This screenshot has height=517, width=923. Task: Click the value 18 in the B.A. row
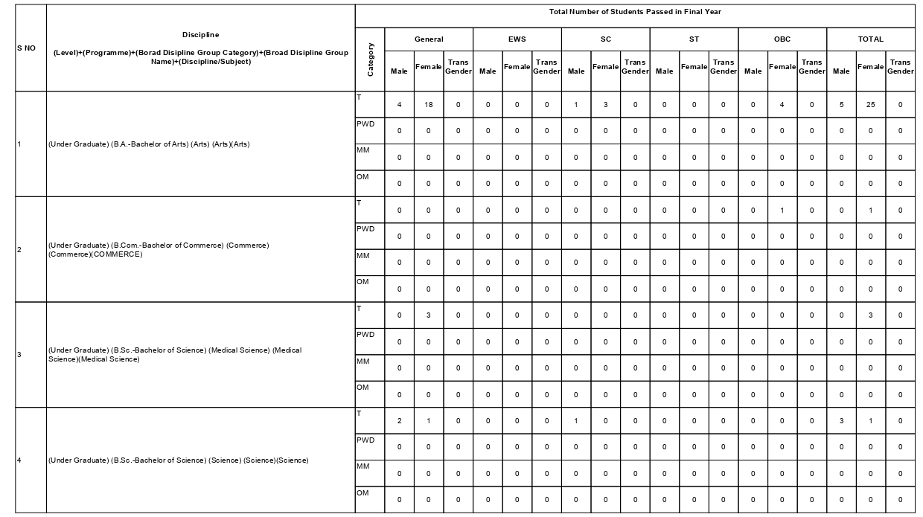click(429, 105)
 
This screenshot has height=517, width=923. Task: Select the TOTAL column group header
click(870, 39)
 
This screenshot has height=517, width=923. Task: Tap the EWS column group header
click(517, 39)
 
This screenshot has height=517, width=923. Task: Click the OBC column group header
click(782, 39)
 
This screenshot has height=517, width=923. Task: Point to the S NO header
click(25, 48)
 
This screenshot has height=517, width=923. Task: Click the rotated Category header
click(370, 60)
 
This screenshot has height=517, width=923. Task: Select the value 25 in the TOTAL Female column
click(870, 105)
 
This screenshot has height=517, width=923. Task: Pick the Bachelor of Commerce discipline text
click(159, 250)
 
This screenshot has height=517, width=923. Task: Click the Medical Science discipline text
click(174, 355)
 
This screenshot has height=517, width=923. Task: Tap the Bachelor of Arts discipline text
click(149, 144)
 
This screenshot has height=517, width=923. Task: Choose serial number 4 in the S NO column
click(19, 460)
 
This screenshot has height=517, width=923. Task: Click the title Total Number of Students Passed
click(635, 12)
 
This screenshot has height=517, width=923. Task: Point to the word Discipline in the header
click(200, 35)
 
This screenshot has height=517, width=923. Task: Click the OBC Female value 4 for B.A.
click(782, 105)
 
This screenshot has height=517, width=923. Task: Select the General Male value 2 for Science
click(399, 422)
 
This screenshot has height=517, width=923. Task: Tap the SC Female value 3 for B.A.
click(605, 105)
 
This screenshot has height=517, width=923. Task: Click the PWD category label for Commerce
click(365, 229)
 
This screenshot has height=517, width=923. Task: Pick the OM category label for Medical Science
click(363, 388)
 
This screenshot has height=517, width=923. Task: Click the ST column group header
click(694, 39)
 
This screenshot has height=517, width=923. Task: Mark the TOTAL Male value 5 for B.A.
click(841, 105)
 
